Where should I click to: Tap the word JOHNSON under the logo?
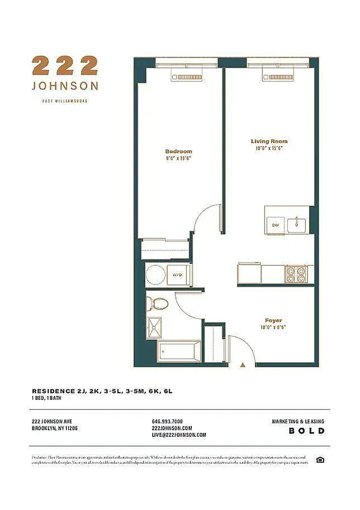coord(65,85)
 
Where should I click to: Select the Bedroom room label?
coord(178,151)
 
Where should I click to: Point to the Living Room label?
coord(269,142)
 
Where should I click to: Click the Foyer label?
coord(274,320)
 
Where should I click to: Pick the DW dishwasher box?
coord(276,225)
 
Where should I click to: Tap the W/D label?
coord(178,275)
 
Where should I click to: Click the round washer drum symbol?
coord(155,275)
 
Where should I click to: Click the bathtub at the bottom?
coord(179,351)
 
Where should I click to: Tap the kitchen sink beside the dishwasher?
coord(297,225)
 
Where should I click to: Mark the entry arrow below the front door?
coord(243,365)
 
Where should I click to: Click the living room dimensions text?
coord(269,149)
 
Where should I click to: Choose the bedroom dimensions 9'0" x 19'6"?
coord(178,158)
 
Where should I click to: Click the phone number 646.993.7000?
coord(168,422)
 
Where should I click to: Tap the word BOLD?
coord(307,431)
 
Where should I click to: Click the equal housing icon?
coord(320,460)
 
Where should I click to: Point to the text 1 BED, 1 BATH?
coord(50,398)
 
